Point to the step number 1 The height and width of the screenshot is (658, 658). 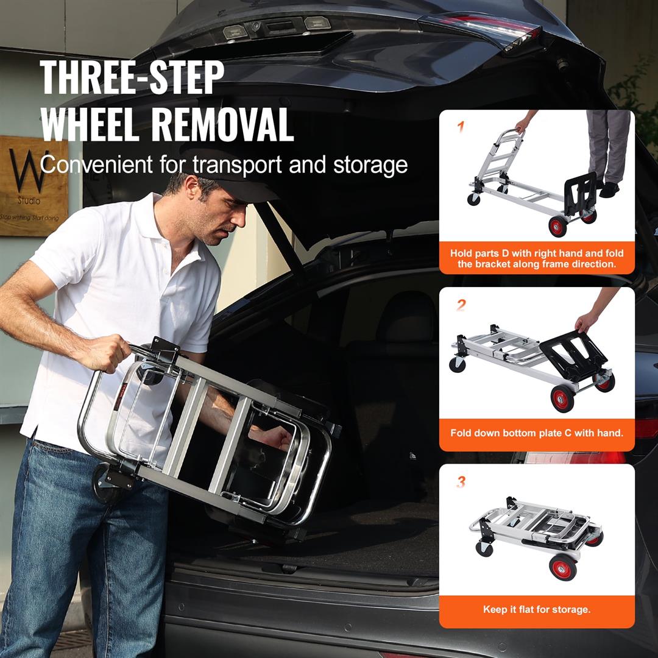pos(461,127)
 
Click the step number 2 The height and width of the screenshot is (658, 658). pos(461,305)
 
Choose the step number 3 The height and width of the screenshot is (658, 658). pos(461,482)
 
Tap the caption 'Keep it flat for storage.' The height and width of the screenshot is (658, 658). pos(537,609)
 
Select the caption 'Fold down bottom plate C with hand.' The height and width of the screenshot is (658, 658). pos(537,433)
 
